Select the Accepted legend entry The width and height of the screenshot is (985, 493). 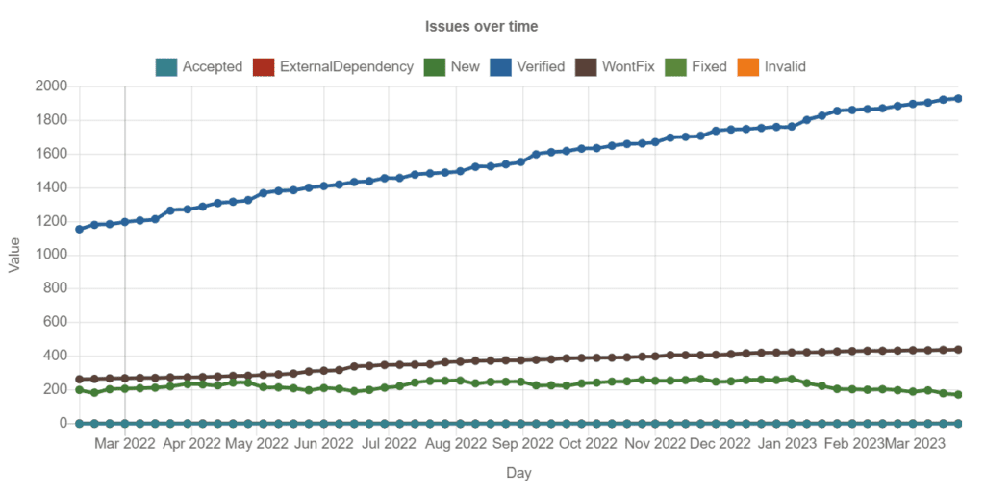199,66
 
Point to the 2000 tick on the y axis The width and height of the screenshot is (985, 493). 51,86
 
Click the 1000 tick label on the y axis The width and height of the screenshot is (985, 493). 51,255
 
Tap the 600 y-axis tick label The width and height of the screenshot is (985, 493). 55,322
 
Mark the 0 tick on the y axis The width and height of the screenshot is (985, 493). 63,423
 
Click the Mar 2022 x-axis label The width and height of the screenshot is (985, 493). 125,443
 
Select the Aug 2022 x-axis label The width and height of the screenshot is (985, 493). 456,443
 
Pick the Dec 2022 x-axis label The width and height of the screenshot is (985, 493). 720,443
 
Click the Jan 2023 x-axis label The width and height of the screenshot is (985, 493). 788,443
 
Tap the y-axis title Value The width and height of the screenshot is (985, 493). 14,255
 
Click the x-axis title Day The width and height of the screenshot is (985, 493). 519,473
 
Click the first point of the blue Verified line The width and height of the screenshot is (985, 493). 79,229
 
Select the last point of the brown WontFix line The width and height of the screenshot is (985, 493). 958,350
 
